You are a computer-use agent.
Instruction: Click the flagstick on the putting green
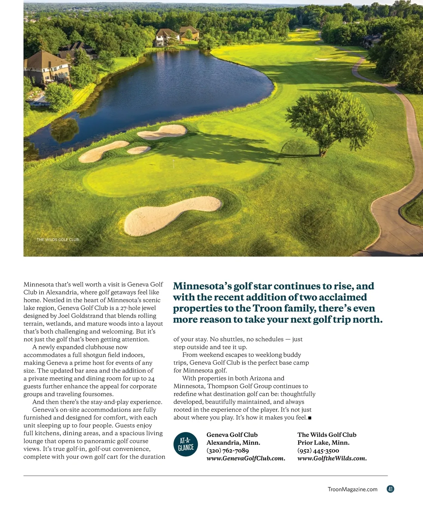click(x=173, y=164)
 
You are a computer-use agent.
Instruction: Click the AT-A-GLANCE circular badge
click(x=186, y=444)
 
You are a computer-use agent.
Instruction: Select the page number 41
click(x=390, y=489)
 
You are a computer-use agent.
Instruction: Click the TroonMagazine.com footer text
click(x=352, y=489)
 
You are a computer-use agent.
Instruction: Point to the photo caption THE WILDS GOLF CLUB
click(x=58, y=240)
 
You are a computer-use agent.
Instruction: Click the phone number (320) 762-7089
click(x=227, y=450)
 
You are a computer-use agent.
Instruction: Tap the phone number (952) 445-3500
click(x=318, y=450)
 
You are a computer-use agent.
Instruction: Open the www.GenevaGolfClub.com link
click(x=245, y=458)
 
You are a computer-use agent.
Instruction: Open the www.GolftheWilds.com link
click(x=332, y=458)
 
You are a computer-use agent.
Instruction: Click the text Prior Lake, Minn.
click(x=323, y=443)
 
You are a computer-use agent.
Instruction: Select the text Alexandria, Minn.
click(x=233, y=443)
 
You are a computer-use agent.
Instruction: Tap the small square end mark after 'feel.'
click(x=309, y=418)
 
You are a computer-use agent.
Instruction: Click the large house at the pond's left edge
click(x=46, y=67)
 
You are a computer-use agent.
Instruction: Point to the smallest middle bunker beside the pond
click(x=139, y=150)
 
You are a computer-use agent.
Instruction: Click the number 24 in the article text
click(x=151, y=378)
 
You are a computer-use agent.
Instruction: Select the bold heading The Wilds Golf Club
click(x=326, y=435)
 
